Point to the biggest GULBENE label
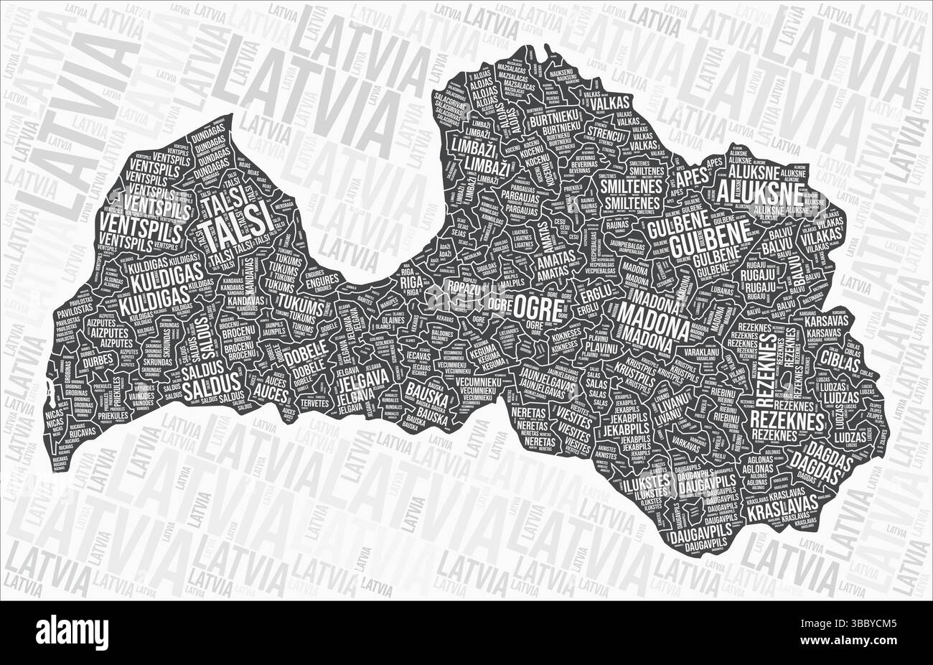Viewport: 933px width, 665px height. (x=710, y=240)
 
